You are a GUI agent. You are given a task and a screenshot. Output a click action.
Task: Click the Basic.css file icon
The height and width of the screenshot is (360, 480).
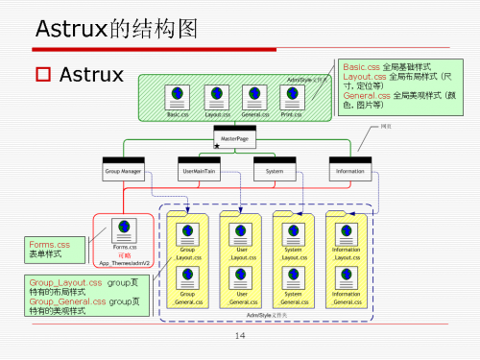[x=177, y=95]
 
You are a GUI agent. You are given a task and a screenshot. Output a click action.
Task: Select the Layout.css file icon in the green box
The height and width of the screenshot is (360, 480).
[x=216, y=95]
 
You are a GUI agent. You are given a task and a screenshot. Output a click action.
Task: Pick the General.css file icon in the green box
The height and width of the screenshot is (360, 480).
[x=254, y=95]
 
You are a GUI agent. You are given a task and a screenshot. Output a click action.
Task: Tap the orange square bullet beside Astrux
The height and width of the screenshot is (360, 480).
[x=41, y=74]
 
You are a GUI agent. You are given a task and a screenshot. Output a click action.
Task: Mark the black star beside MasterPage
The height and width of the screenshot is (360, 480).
[x=217, y=146]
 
